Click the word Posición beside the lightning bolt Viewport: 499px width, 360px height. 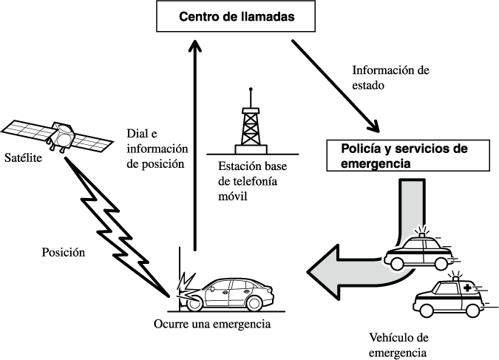[x=63, y=251]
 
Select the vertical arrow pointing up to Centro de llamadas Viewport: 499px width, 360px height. [x=195, y=148]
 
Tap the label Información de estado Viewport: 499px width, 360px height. [x=390, y=78]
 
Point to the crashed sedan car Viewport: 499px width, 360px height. [x=235, y=293]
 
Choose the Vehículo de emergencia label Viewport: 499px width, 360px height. [x=398, y=344]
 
